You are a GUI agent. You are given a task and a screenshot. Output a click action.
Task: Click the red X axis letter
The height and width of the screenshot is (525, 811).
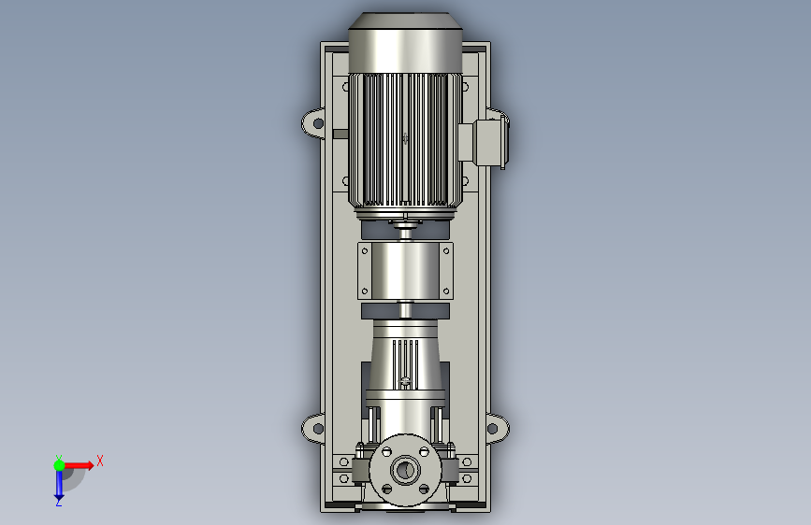100,461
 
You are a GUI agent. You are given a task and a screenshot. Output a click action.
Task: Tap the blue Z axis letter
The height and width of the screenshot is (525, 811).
59,502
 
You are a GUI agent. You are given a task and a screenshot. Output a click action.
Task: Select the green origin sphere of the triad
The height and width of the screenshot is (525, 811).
60,465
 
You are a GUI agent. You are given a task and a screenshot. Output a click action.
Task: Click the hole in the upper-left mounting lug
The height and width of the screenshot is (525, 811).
319,123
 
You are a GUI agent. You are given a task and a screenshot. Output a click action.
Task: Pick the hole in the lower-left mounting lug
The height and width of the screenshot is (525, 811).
319,429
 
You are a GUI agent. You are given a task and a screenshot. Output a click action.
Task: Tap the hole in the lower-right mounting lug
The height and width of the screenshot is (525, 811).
492,429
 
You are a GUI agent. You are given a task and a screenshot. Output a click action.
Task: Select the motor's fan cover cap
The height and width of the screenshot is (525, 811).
405,42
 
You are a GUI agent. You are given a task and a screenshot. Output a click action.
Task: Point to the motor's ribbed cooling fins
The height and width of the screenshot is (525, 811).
405,139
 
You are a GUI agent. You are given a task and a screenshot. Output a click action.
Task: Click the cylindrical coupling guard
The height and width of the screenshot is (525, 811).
405,270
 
